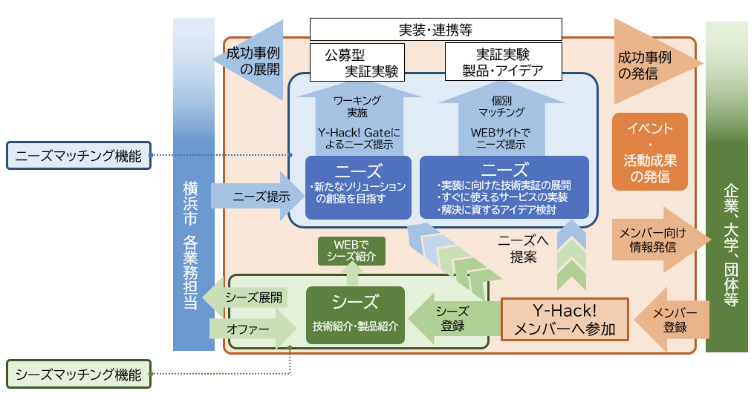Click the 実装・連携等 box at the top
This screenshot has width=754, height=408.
click(x=435, y=30)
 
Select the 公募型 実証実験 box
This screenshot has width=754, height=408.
click(x=357, y=63)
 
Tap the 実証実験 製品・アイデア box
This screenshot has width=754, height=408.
click(x=503, y=63)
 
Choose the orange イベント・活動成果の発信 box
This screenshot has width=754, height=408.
click(x=650, y=152)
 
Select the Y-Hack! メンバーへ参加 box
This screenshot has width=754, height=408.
click(x=565, y=320)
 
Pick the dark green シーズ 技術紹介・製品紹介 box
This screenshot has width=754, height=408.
click(x=355, y=315)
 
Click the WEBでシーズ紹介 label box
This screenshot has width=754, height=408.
click(x=351, y=251)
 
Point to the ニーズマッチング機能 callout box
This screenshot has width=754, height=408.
click(x=78, y=156)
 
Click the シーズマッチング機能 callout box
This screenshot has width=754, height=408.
click(x=78, y=375)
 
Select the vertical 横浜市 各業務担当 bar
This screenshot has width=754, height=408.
click(x=193, y=185)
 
